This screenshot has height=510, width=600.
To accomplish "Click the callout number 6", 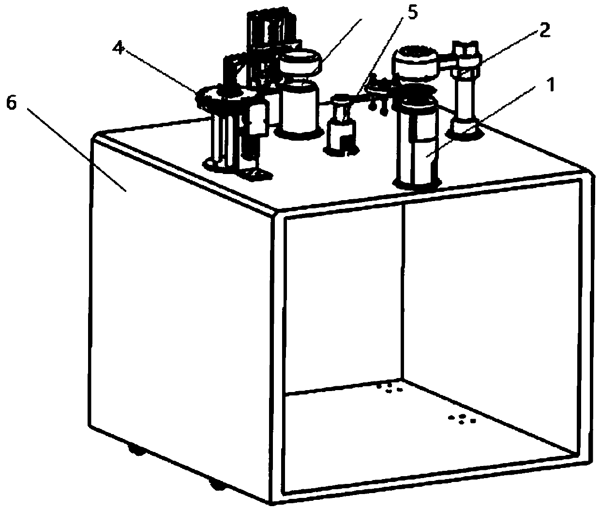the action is click(x=12, y=103).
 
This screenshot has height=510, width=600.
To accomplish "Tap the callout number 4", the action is click(x=119, y=48).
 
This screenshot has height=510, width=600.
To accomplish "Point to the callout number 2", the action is click(x=544, y=30).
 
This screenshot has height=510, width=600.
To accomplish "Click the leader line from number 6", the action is click(x=77, y=150).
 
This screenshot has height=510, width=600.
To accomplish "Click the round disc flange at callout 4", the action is click(x=225, y=97).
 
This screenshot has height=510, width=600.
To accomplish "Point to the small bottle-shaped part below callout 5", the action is click(x=341, y=128).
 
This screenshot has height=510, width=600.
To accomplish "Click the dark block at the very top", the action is click(x=271, y=28).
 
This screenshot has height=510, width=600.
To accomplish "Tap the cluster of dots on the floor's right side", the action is click(x=462, y=420).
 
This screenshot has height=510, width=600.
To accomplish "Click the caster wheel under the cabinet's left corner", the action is click(x=136, y=450).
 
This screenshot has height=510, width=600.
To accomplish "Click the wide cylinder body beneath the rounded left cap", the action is click(x=299, y=109).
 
